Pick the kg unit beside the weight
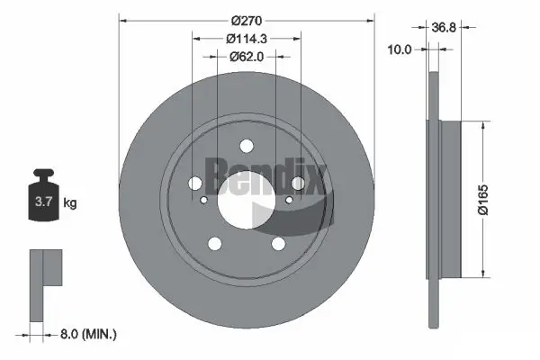click(x=70, y=203)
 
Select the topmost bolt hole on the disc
click(x=246, y=147)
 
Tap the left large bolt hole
click(x=194, y=184)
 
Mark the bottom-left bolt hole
click(x=214, y=243)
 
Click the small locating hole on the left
click(x=204, y=201)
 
